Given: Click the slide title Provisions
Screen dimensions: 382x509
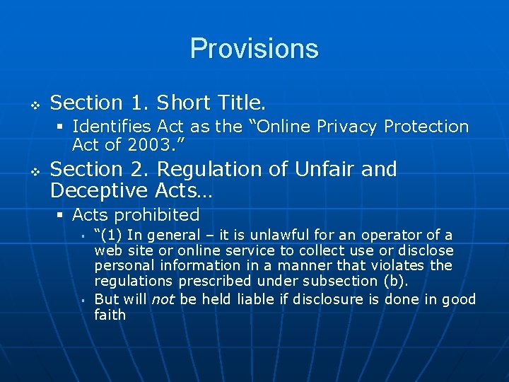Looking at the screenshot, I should [254, 48].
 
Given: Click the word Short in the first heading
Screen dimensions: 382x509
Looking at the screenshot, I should [185, 103].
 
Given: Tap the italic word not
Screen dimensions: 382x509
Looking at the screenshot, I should [163, 299].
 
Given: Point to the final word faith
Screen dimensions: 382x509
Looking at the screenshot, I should [110, 316].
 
